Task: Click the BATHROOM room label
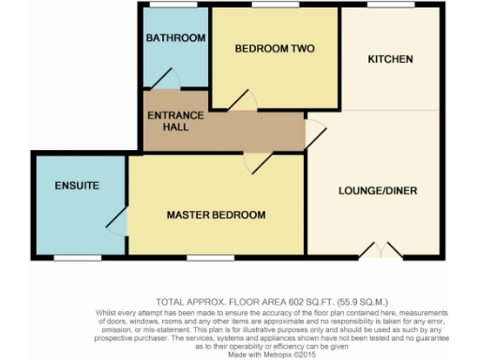175,37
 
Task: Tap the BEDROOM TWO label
274,49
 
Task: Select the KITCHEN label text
390,59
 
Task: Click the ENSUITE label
77,186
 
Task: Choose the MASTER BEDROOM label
216,215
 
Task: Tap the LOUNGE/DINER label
377,190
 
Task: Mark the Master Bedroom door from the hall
258,162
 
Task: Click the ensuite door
117,222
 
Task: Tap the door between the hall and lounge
316,134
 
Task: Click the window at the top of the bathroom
174,7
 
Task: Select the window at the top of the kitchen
379,7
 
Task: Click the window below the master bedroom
203,257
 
